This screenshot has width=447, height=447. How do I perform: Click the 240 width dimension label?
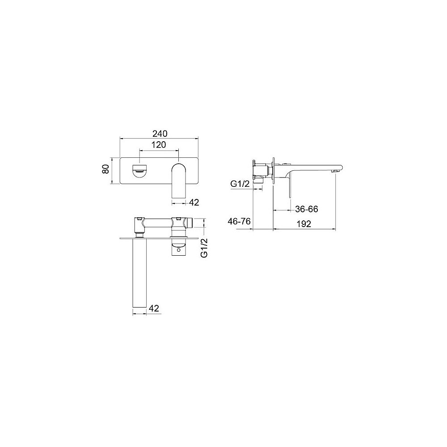tap(160, 133)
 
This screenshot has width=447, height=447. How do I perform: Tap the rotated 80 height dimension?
tap(105, 169)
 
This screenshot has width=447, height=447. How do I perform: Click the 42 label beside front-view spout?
tap(194, 202)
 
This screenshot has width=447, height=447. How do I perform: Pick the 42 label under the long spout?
tap(154, 308)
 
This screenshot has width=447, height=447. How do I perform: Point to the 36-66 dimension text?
tap(307, 209)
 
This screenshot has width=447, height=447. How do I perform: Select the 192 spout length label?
tap(304, 224)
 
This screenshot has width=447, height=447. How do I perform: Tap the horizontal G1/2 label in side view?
tap(240, 184)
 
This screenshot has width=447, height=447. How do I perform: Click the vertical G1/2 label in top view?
tap(204, 248)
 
